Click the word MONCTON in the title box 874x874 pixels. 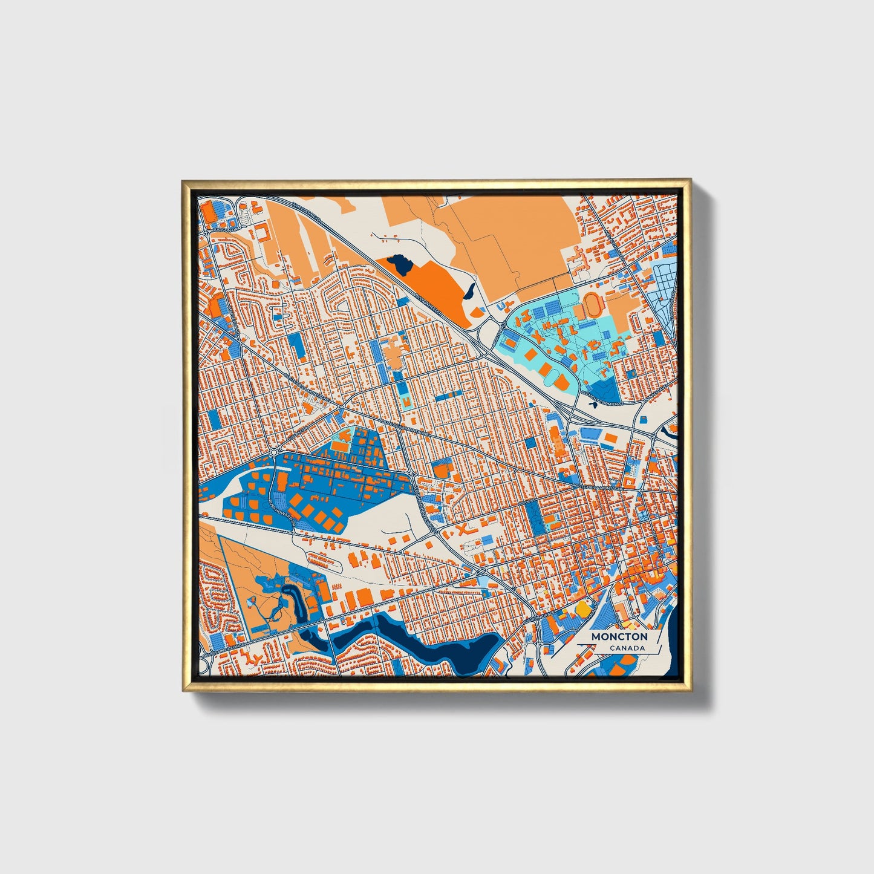pos(619,636)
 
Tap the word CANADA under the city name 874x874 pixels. pos(627,648)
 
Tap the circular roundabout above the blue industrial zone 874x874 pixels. pos(275,452)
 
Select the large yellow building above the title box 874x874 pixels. pos(582,607)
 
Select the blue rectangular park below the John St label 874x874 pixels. pos(535,517)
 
